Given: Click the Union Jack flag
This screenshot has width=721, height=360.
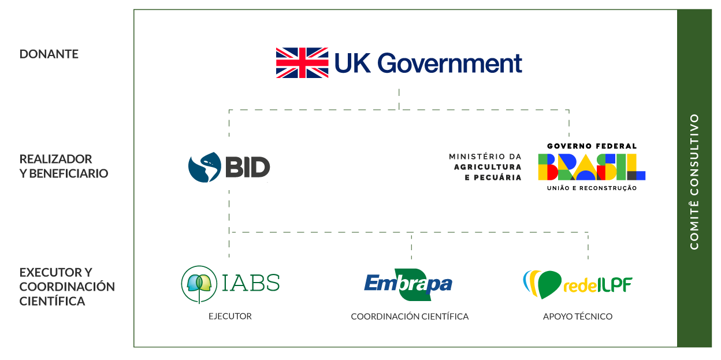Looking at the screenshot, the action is tap(302, 63).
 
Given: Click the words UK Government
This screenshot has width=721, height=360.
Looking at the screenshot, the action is tap(428, 63).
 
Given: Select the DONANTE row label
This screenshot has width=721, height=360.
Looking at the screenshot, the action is tap(49, 54).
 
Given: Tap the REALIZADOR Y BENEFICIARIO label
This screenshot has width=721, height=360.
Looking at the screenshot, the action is tap(64, 166).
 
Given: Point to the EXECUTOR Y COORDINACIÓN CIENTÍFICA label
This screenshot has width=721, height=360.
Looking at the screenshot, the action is tap(67, 287).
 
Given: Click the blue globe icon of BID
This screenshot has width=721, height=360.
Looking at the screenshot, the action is tap(205, 168).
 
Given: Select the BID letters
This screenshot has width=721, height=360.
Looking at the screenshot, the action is tap(247, 167).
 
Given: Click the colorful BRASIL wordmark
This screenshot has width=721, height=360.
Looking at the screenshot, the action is tap(592, 167).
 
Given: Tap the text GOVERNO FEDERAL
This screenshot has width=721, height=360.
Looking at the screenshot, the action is tap(592, 146).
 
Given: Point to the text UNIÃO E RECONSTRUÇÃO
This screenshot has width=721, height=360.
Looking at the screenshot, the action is tap(592, 188).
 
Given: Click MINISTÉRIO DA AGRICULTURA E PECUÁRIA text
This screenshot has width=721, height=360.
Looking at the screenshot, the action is tap(485, 167).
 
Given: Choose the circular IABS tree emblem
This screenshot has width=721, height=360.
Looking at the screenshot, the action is tap(199, 284).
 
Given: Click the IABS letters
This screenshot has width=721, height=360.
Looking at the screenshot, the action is tap(251, 283).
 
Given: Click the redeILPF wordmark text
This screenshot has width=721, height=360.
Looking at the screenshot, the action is tap(598, 285).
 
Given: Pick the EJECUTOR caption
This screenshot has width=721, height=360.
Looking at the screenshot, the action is tap(230, 316).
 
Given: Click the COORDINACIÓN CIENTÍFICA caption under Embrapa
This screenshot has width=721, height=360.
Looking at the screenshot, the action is tap(410, 317).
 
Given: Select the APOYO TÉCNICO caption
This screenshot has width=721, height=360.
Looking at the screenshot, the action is tap(578, 317).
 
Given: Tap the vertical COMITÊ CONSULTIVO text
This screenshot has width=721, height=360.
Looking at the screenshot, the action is tap(694, 181).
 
